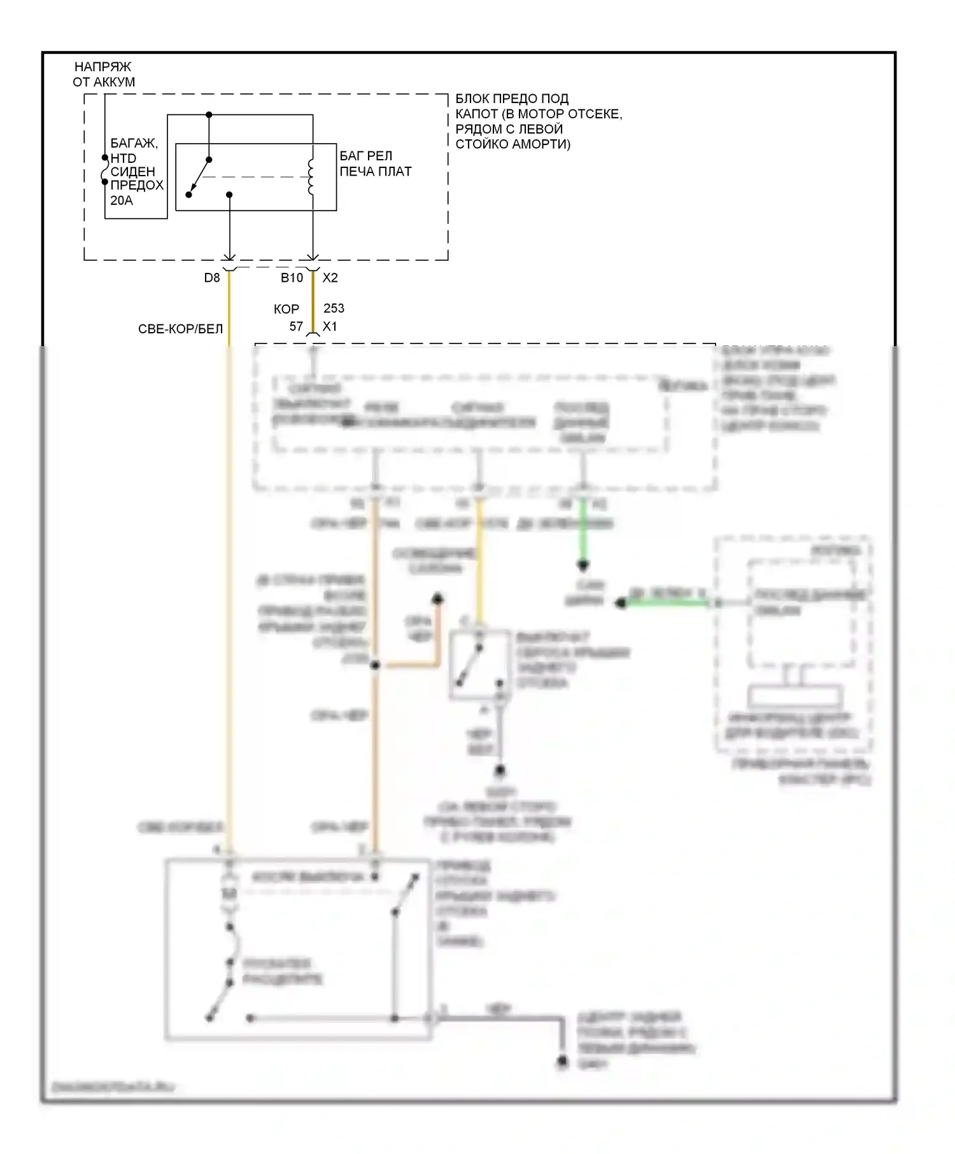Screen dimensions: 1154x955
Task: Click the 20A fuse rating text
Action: click(121, 200)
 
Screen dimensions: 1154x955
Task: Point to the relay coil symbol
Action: click(311, 176)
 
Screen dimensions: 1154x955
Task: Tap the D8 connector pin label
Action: click(212, 278)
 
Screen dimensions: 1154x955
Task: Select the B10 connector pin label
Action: click(292, 278)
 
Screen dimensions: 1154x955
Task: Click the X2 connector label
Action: click(330, 278)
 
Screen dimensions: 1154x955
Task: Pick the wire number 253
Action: click(334, 309)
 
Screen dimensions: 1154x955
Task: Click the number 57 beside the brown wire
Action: click(296, 326)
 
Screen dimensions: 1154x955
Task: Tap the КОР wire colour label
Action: click(286, 309)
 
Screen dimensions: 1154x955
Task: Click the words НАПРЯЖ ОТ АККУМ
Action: click(104, 74)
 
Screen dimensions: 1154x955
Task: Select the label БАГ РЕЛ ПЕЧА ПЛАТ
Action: click(375, 163)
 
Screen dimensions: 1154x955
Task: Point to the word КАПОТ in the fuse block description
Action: click(476, 114)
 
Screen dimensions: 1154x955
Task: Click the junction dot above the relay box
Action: click(209, 115)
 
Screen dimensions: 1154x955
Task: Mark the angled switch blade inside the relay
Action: click(199, 177)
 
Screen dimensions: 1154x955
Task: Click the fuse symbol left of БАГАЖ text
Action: click(105, 170)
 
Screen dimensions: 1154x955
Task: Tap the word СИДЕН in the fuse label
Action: click(132, 172)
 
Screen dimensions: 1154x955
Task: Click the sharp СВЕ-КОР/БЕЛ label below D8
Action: click(180, 329)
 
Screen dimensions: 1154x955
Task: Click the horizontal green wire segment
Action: click(665, 602)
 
